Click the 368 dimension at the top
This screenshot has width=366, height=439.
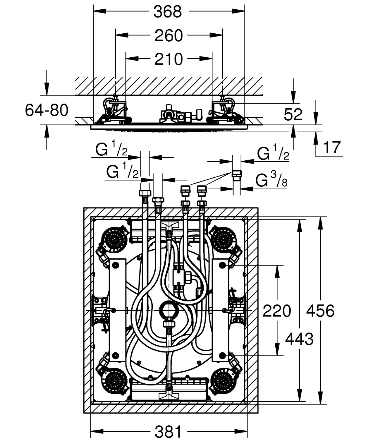pyautogui.click(x=168, y=12)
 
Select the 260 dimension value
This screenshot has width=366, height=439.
pyautogui.click(x=169, y=36)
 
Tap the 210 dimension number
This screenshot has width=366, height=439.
pyautogui.click(x=169, y=59)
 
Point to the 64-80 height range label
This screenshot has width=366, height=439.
pyautogui.click(x=47, y=110)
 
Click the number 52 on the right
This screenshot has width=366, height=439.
pyautogui.click(x=293, y=114)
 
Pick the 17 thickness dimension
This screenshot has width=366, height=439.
pyautogui.click(x=332, y=147)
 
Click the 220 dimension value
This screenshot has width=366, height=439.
pyautogui.click(x=276, y=311)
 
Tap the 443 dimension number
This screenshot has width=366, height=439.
pyautogui.click(x=299, y=339)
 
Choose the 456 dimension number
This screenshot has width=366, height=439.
pyautogui.click(x=320, y=311)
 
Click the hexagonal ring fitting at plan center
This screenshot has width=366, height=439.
pyautogui.click(x=168, y=309)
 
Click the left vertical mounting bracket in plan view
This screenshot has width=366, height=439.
pyautogui.click(x=118, y=310)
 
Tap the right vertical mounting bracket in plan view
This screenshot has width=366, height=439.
pyautogui.click(x=220, y=310)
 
